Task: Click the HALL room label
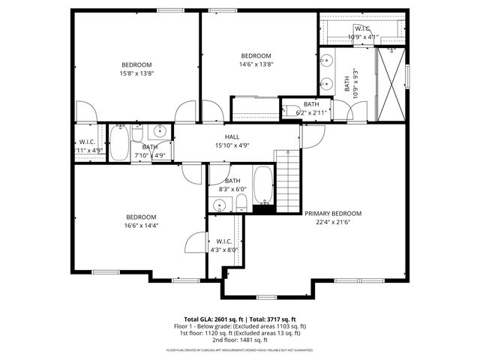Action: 232,136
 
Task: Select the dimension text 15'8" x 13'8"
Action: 137,73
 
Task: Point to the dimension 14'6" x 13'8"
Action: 256,64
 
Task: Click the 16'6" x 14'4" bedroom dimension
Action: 141,224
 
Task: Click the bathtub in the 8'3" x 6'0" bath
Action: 262,185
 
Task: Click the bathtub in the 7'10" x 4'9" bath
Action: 118,143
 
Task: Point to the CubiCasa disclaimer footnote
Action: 240,349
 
